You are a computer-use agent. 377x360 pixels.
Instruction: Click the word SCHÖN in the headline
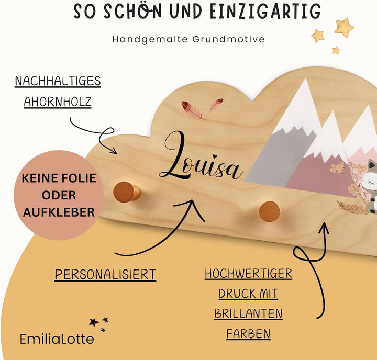coord(132,11)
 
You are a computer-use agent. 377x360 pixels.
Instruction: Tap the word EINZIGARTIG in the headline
coord(265,11)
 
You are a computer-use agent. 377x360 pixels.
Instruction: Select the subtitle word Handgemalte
coord(150,39)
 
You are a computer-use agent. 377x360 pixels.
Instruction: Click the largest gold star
coord(344,28)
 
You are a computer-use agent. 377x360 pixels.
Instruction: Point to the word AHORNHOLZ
coord(58,102)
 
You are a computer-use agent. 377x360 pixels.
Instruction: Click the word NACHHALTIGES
coord(58,81)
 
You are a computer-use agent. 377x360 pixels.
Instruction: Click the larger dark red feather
coord(192,110)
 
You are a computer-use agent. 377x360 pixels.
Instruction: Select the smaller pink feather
coord(216,105)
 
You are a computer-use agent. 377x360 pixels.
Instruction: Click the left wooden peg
coord(127,192)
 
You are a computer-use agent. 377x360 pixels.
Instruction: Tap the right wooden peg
coord(270,211)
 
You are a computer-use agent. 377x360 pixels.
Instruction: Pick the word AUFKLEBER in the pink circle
coord(59,212)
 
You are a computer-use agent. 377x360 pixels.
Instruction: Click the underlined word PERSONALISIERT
coord(105,274)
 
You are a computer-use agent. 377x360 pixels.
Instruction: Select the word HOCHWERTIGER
coord(248,274)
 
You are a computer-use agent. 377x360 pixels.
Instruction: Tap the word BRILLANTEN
coord(248,314)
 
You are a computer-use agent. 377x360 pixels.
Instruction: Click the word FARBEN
coord(248,334)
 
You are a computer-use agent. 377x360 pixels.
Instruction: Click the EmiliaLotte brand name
coord(57,339)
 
